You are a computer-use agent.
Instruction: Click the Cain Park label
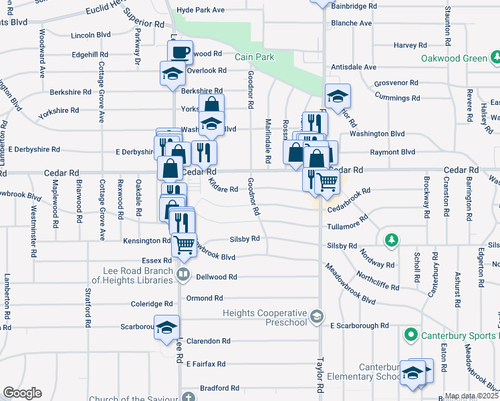tap(254, 57)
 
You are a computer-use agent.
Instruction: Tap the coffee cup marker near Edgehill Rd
tap(180, 51)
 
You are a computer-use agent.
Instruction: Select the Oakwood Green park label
tap(454, 58)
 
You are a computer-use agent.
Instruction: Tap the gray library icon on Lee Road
tap(182, 275)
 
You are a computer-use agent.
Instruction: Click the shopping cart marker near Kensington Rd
tap(184, 244)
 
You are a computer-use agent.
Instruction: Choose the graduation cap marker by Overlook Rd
tap(172, 73)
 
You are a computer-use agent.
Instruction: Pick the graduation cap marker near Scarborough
tap(167, 327)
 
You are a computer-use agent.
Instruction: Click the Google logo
tap(22, 393)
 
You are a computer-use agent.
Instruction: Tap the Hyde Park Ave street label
tap(200, 11)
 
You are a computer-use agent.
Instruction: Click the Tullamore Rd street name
tap(348, 224)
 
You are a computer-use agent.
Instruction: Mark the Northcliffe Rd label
tap(378, 281)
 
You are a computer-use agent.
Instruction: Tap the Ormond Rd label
tap(204, 298)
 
